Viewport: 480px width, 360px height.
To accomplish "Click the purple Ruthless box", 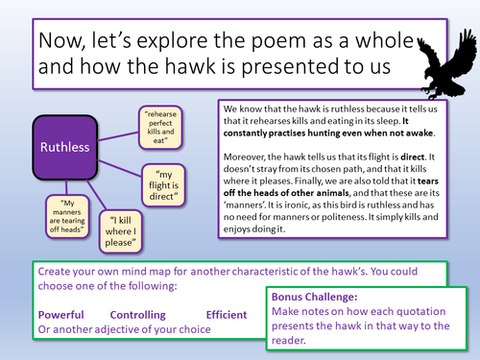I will (x=65, y=148).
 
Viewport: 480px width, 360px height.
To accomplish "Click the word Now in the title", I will (x=56, y=39).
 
